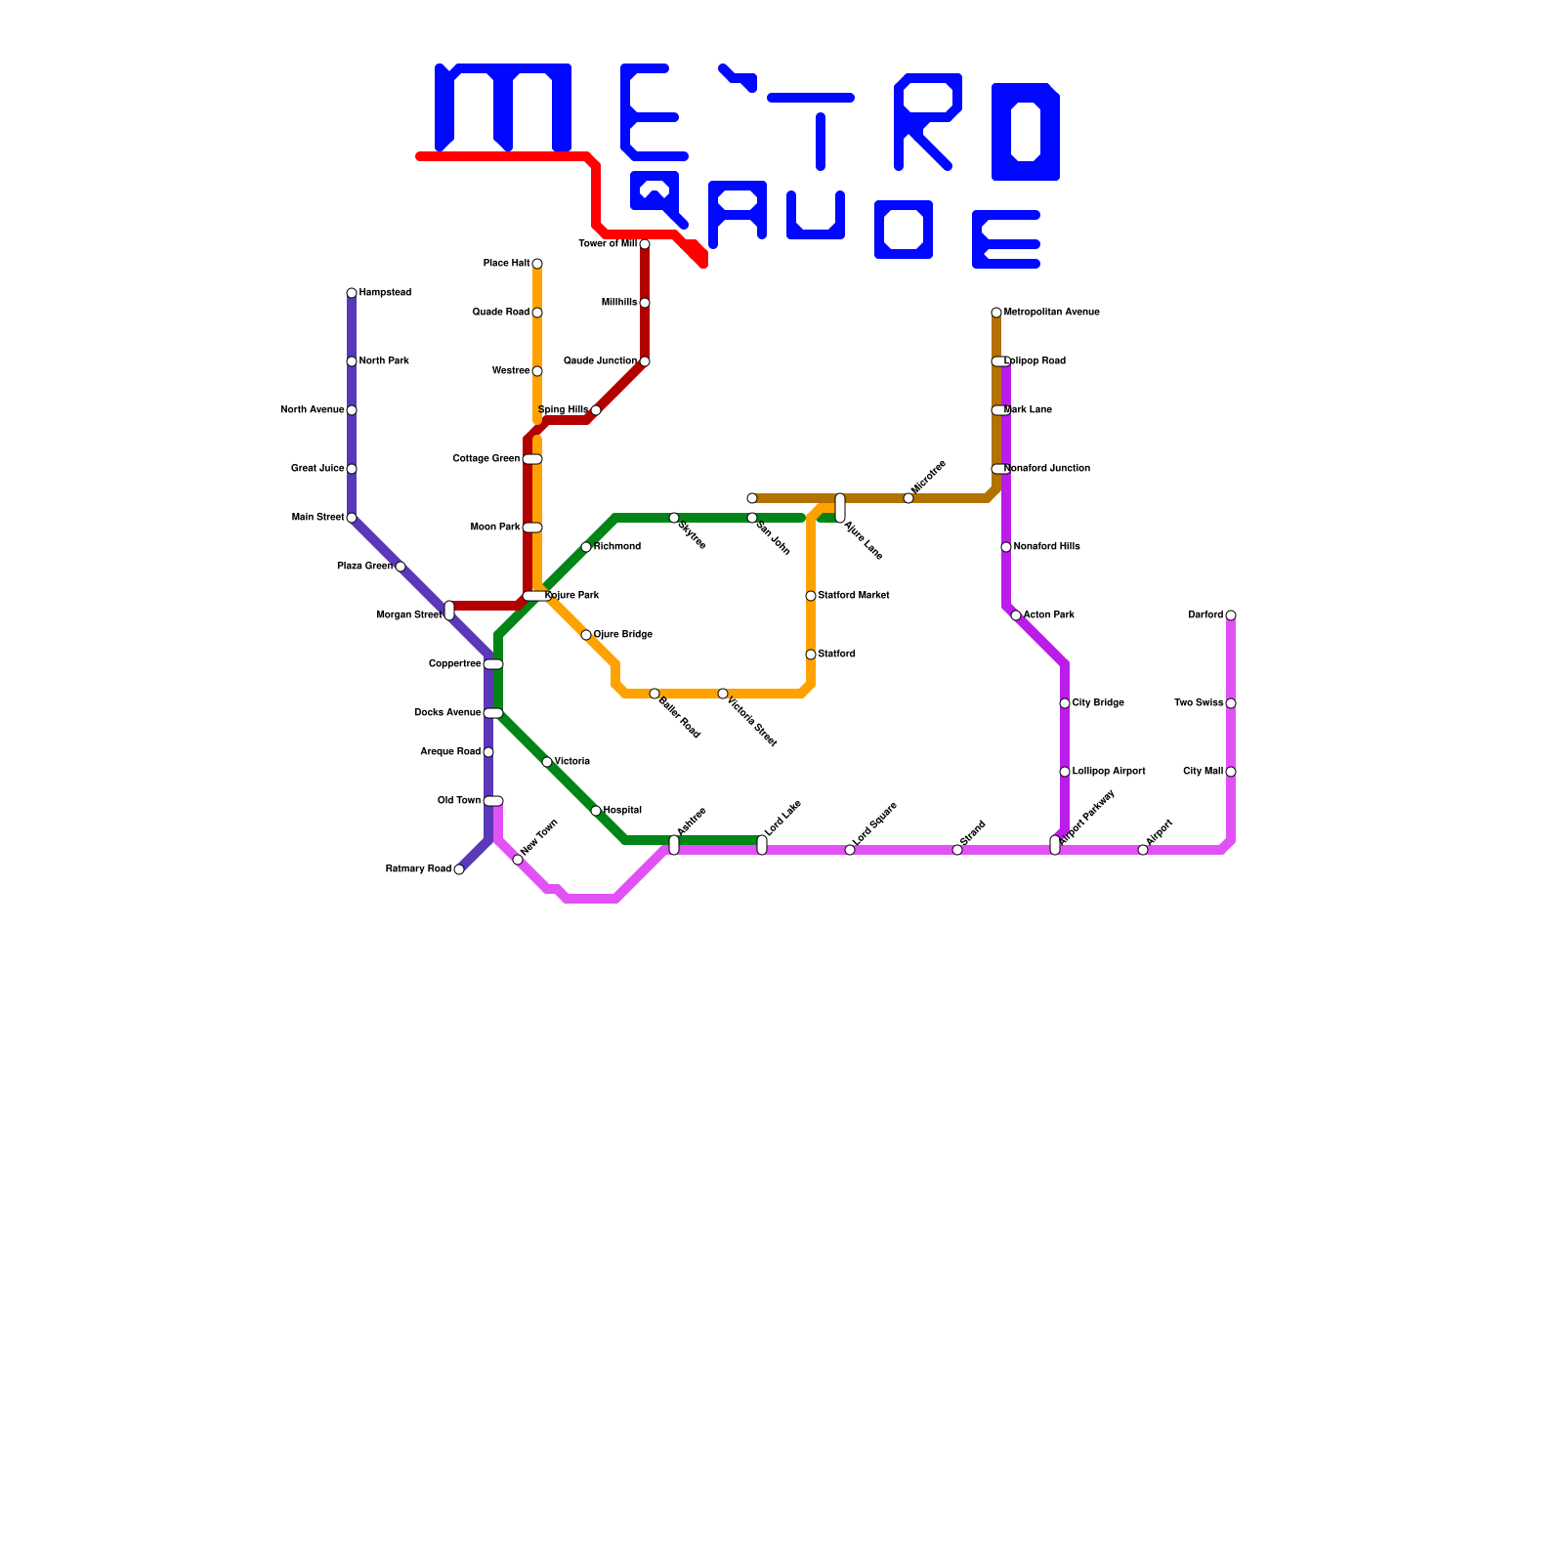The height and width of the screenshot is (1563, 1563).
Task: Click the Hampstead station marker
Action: point(352,293)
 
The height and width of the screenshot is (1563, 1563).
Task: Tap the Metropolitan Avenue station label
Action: point(1051,313)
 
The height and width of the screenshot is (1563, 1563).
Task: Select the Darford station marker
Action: point(1231,615)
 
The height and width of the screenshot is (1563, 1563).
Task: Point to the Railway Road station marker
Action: point(459,869)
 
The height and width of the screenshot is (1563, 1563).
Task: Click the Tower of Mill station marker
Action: point(645,244)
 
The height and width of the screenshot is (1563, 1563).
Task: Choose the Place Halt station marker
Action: point(537,264)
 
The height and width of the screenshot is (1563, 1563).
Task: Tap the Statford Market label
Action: point(853,596)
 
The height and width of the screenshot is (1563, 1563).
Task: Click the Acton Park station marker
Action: point(1016,615)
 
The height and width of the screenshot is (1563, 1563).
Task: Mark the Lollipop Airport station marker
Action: point(1065,772)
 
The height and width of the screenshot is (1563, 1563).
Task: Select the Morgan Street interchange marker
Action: point(449,611)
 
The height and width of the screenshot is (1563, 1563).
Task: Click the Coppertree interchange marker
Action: point(493,664)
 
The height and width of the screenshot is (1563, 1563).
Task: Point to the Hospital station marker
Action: point(596,811)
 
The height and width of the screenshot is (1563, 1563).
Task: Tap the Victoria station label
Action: point(571,762)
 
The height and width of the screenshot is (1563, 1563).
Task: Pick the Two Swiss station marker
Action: point(1231,703)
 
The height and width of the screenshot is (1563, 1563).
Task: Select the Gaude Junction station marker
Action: point(645,361)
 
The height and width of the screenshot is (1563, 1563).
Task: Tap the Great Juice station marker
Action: point(352,469)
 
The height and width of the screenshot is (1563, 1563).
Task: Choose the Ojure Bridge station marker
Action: point(586,635)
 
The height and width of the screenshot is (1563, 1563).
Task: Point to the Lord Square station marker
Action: point(850,850)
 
